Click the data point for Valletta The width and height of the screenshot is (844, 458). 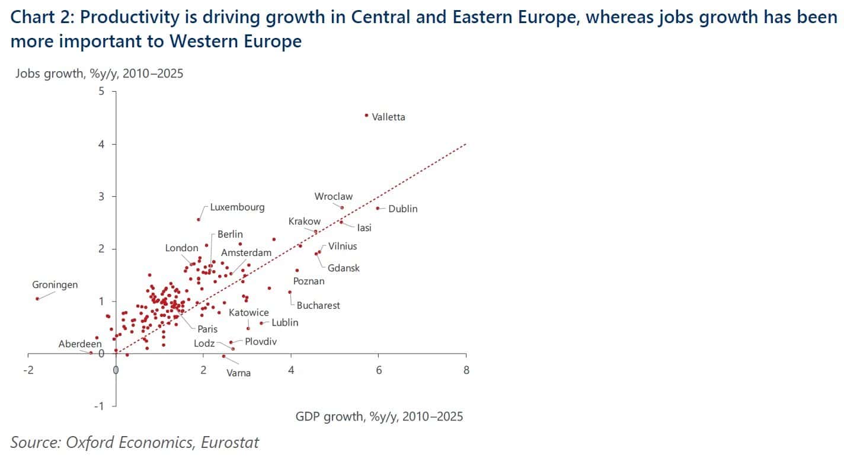click(x=366, y=116)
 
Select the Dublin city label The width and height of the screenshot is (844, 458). click(x=403, y=209)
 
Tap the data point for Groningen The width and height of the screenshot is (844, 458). click(x=37, y=299)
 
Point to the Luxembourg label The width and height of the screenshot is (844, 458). click(x=237, y=208)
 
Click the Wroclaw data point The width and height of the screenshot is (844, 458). click(x=342, y=207)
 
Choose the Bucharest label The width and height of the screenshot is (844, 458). click(x=318, y=306)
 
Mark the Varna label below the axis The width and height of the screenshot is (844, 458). click(x=238, y=373)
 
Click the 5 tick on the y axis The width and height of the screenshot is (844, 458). click(x=101, y=92)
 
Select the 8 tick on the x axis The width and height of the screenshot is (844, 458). click(x=466, y=370)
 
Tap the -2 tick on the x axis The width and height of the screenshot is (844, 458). click(x=27, y=370)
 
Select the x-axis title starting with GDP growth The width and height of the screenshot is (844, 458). click(x=379, y=417)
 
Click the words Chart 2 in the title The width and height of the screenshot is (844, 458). click(x=41, y=17)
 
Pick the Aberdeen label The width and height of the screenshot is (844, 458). click(x=79, y=344)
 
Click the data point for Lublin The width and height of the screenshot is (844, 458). click(x=261, y=323)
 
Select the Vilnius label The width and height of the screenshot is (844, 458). click(x=343, y=246)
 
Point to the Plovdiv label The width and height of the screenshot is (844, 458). click(x=261, y=342)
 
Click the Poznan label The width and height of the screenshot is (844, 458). click(x=309, y=281)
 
